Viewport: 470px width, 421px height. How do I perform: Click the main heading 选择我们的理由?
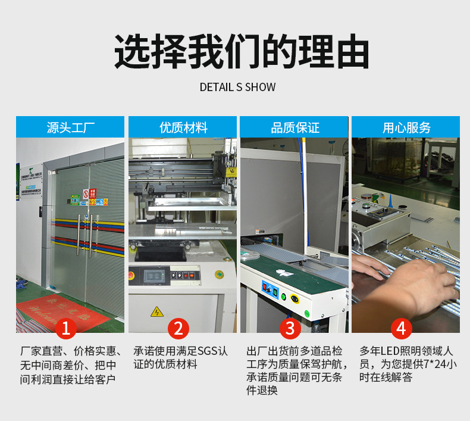pos(235,52)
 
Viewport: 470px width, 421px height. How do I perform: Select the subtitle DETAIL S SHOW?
pos(237,87)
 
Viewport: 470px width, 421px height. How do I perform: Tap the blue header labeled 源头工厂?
pos(70,127)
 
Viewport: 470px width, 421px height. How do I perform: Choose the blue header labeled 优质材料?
pos(183,127)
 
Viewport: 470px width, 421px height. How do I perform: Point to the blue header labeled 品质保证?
pos(294,127)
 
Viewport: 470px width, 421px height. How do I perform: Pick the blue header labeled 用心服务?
pos(406,127)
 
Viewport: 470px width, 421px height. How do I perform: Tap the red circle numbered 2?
pos(178,329)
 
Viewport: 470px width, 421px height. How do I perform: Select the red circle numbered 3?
pos(290,329)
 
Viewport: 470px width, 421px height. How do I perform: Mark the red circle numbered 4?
pos(402,329)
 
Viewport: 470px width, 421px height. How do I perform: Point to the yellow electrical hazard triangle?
pos(156,311)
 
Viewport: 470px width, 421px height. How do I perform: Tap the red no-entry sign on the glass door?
pos(86,194)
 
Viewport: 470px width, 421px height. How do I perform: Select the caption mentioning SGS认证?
pos(180,358)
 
